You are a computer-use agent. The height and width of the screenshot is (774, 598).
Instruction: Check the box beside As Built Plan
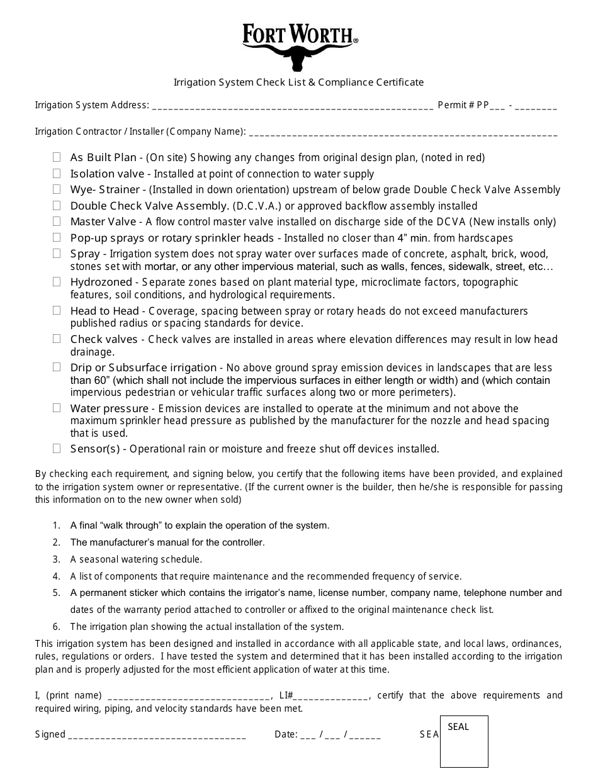point(57,157)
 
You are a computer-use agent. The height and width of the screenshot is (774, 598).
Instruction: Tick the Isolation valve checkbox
point(57,174)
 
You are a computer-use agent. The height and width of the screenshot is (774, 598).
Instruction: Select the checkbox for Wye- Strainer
point(57,189)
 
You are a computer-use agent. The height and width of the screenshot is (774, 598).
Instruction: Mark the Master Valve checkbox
point(57,222)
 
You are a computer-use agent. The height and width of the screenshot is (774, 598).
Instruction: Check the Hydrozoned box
point(57,282)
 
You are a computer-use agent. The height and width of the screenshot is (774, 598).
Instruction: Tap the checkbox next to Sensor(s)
point(57,449)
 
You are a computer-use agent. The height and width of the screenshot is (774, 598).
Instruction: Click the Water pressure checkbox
point(57,408)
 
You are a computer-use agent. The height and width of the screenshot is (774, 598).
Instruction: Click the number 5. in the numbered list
point(57,593)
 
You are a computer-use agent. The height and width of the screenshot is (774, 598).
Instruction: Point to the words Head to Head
point(104,311)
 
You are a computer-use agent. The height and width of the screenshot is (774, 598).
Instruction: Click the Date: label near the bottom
point(286,734)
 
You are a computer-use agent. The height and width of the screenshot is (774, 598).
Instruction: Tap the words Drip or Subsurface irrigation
point(143,367)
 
